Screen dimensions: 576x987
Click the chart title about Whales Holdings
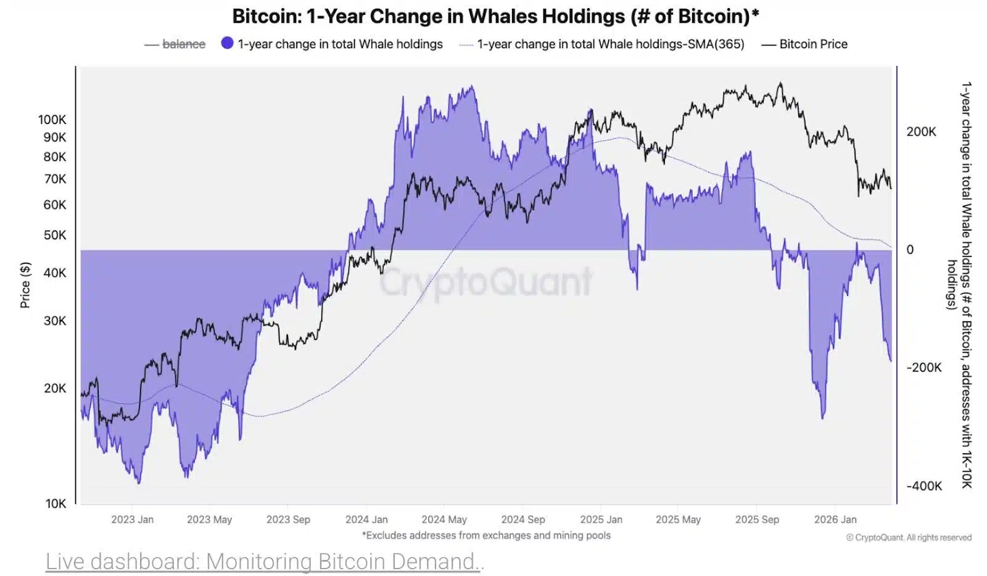point(495,16)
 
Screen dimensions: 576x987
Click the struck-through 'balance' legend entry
point(183,44)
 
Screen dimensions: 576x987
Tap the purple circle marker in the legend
point(227,43)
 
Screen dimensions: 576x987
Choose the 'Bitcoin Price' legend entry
point(812,44)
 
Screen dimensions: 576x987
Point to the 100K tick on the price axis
point(52,120)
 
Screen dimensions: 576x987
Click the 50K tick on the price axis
point(54,235)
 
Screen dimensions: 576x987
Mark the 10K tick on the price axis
point(56,503)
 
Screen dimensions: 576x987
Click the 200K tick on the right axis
point(921,131)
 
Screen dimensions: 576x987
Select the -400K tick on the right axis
point(923,486)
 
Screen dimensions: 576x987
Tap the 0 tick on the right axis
point(909,250)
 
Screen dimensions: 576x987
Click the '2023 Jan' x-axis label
point(132,519)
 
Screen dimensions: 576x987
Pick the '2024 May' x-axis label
point(444,519)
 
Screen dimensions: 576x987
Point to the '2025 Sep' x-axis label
point(757,519)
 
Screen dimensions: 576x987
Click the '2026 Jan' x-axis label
point(835,519)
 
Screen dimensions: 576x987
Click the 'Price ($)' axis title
point(25,285)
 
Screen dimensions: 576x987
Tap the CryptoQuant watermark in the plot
point(485,282)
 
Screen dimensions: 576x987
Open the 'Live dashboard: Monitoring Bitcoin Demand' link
point(265,561)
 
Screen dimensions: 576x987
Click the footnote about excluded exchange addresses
point(486,535)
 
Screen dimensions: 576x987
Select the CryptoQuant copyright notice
point(909,538)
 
